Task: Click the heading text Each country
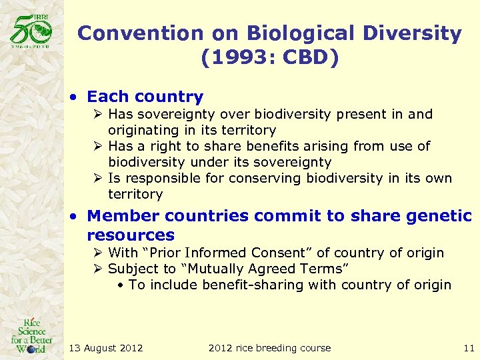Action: point(145,97)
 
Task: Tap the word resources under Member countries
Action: point(131,235)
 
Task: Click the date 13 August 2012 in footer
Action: point(106,347)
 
